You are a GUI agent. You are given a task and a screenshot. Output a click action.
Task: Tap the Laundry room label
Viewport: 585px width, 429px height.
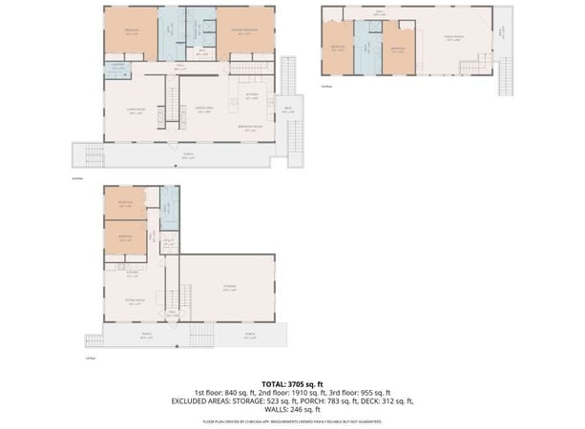(117, 65)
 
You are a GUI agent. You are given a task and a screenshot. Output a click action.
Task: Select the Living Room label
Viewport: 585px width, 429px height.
(134, 110)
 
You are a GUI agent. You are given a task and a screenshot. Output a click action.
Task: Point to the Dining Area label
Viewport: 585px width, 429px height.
(203, 110)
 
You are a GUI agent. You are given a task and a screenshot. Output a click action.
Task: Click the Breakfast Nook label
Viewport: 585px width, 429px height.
(251, 130)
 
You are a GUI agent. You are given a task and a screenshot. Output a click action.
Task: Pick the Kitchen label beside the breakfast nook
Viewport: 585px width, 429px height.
(252, 95)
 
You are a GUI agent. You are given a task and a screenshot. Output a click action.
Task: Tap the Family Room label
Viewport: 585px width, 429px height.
(452, 38)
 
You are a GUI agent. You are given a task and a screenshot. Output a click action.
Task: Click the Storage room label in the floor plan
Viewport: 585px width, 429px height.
(229, 289)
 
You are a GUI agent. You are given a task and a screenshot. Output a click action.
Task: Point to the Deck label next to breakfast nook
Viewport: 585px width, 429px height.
(287, 109)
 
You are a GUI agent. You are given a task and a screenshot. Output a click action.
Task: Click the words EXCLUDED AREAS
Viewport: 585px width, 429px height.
(203, 401)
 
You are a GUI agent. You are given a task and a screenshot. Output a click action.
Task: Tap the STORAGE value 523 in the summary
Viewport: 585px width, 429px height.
(271, 401)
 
